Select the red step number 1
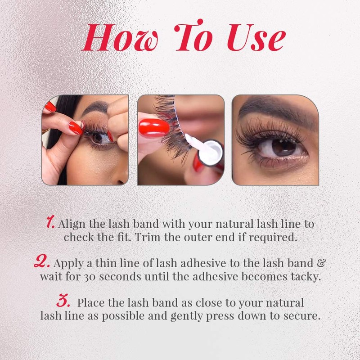pos(51,222)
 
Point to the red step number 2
pos(43,261)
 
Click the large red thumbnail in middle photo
pos(153,126)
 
